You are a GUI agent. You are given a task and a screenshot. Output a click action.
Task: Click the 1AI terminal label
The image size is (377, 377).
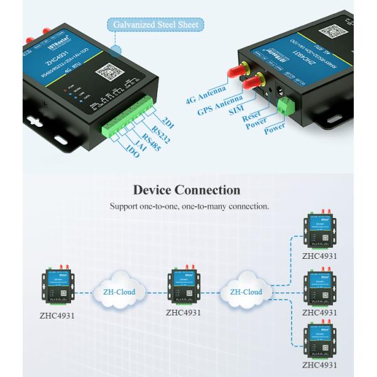[x=140, y=145]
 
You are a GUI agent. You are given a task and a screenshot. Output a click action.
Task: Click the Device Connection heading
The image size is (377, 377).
[x=187, y=190]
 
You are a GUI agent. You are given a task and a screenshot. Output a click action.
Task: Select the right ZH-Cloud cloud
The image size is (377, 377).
[x=246, y=292]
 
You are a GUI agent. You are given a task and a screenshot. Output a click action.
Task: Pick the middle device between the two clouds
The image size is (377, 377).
[x=183, y=285]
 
